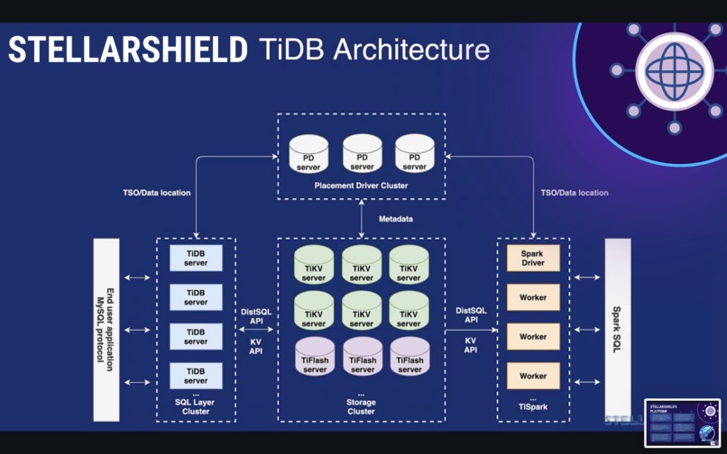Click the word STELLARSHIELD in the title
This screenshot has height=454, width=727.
coord(127,50)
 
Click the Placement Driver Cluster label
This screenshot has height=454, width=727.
coord(361,186)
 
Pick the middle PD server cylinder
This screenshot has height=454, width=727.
coord(362,154)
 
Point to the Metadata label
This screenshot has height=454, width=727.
coord(396,219)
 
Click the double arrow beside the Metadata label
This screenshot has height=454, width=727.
coord(361,219)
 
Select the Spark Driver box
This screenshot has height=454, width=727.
coord(532,259)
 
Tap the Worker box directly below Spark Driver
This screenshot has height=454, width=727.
coord(532,297)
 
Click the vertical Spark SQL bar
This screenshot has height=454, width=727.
coord(617,330)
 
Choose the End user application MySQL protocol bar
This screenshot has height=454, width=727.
coord(106,330)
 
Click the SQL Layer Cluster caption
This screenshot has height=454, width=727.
coord(196,406)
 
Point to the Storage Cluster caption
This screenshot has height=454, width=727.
coord(361,406)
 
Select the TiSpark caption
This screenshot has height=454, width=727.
coord(532,407)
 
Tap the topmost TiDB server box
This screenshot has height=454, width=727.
coord(196,259)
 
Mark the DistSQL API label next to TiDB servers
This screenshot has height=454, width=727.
coord(256,316)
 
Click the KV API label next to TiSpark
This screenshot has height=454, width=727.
coord(470,345)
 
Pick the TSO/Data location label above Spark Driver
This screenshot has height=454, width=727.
coord(574,193)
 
